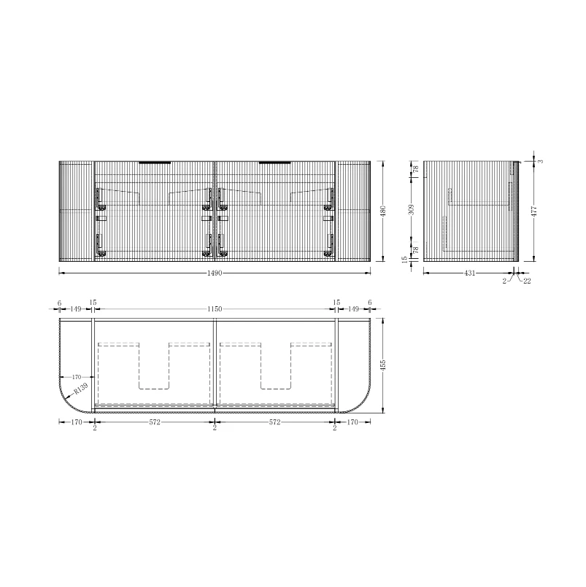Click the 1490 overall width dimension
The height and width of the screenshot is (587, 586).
point(215,273)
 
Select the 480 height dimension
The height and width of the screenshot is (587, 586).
point(383,211)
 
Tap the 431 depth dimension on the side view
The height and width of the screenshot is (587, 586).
point(469,273)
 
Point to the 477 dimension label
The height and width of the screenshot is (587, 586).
point(535,211)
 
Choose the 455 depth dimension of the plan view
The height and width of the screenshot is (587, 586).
point(383,365)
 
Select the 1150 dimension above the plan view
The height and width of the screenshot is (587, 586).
point(215,309)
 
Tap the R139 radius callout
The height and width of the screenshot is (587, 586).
point(80,389)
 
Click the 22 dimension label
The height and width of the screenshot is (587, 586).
point(527,281)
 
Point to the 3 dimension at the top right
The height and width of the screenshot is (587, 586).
point(540,161)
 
